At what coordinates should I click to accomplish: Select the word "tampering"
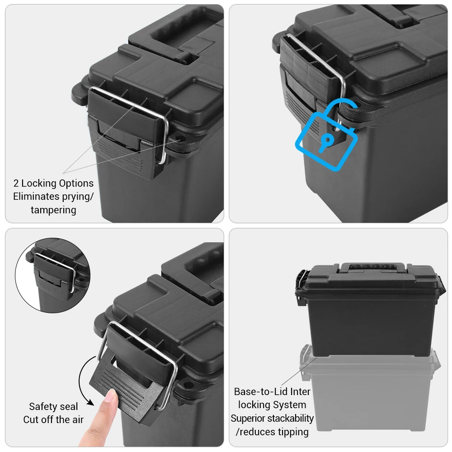point(54,210)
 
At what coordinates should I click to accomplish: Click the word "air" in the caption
point(78,420)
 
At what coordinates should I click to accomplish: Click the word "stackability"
point(290,418)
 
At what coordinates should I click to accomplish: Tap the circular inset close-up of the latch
point(53,275)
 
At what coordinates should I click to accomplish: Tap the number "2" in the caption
point(16,184)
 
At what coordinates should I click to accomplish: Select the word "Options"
point(76,184)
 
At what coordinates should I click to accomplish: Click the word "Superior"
point(248,419)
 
